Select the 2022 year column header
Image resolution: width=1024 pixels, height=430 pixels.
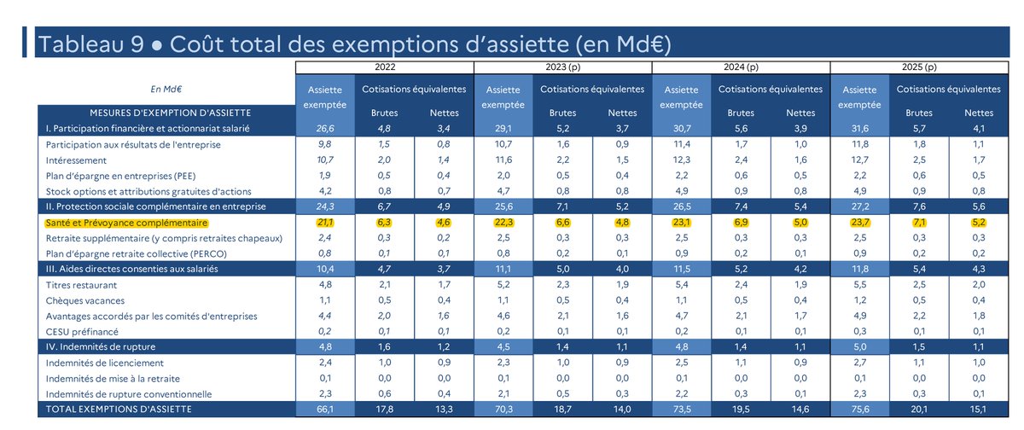tap(384, 67)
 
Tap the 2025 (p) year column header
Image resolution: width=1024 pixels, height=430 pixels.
tap(918, 67)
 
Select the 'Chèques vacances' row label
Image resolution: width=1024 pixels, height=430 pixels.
tap(85, 300)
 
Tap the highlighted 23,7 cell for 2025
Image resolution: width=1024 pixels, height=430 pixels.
tap(858, 221)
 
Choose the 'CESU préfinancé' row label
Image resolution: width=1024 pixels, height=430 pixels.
tap(82, 332)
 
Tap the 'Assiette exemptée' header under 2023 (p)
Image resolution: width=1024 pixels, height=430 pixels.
tap(501, 96)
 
